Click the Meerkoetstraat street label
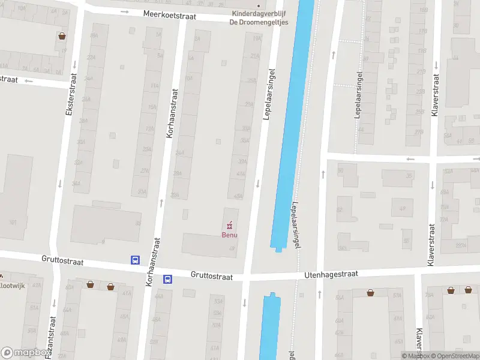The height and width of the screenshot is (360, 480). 169,16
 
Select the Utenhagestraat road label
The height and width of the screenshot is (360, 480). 332,274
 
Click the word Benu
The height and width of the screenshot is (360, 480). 229,235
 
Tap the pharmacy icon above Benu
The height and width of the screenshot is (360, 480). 229,226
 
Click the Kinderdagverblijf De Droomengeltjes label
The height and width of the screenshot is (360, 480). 259,18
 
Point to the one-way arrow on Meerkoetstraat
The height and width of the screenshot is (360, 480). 125,11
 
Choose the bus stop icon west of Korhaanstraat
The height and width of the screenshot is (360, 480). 136,260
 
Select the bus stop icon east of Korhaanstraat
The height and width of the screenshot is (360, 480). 168,279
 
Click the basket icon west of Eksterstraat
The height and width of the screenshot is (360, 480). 62,36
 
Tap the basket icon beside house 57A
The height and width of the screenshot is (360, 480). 371,292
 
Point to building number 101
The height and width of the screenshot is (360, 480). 13,222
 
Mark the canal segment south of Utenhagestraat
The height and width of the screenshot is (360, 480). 270,327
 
